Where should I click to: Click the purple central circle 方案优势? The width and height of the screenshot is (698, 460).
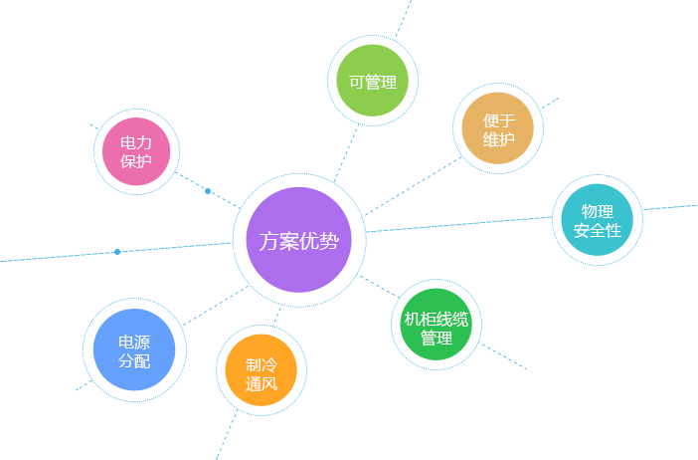pyautogui.click(x=299, y=240)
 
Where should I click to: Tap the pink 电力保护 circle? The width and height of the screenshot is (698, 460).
pyautogui.click(x=136, y=152)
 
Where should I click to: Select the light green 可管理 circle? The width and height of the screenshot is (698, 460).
pyautogui.click(x=373, y=82)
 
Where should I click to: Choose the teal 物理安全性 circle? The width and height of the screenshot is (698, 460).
pyautogui.click(x=598, y=220)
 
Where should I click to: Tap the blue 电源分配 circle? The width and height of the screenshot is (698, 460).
pyautogui.click(x=134, y=350)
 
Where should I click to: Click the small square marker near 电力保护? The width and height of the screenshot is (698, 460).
pyautogui.click(x=208, y=190)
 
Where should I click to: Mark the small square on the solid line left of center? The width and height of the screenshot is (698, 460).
pyautogui.click(x=117, y=251)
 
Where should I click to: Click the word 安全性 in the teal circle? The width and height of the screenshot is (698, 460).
pyautogui.click(x=598, y=231)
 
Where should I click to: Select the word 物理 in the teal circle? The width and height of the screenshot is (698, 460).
pyautogui.click(x=598, y=211)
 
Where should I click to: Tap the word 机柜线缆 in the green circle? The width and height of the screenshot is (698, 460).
pyautogui.click(x=436, y=320)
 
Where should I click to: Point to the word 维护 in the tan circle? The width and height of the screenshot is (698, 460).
pyautogui.click(x=498, y=139)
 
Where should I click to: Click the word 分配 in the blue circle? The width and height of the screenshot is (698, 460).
pyautogui.click(x=134, y=361)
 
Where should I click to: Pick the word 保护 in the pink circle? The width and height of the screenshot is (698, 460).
pyautogui.click(x=136, y=162)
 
